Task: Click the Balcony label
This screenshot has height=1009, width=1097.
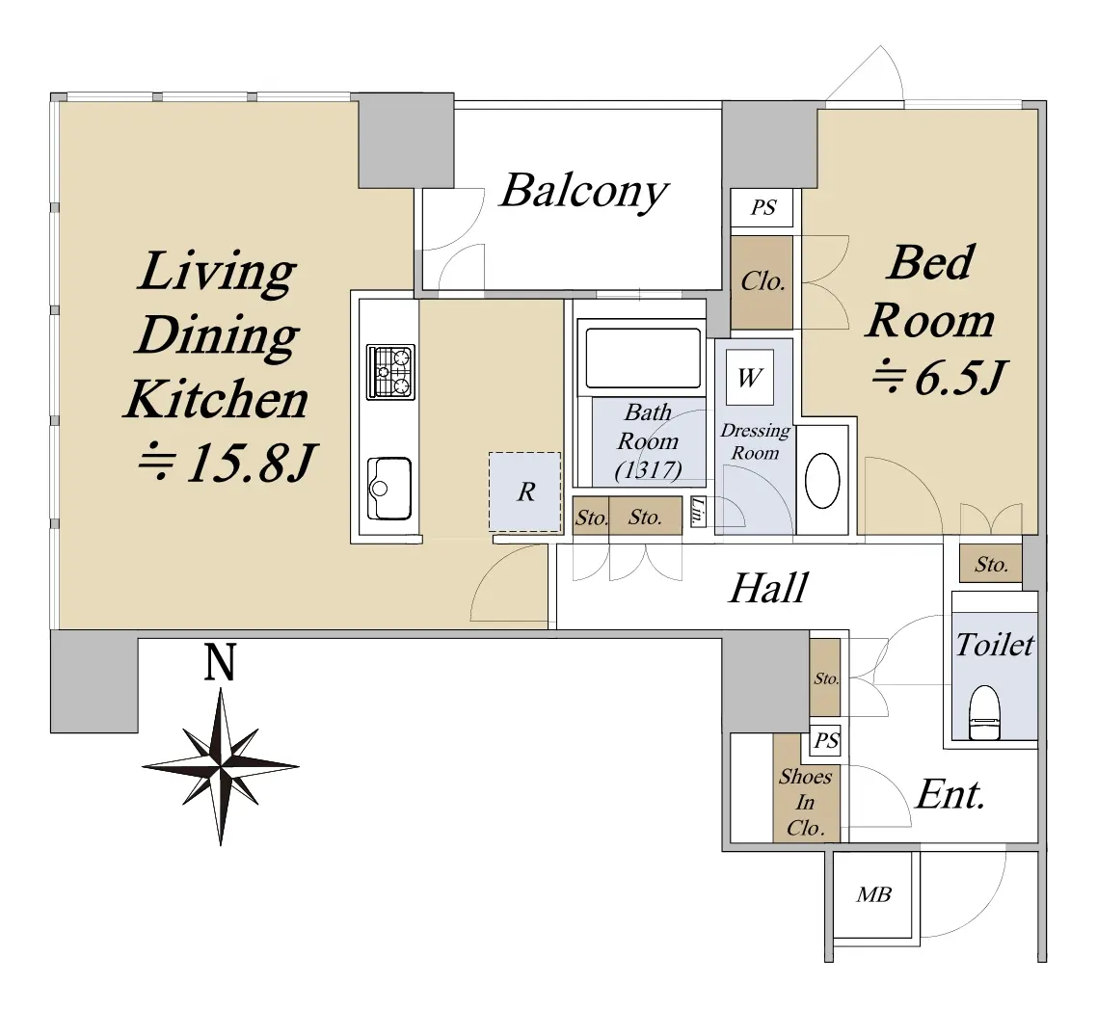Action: [584, 191]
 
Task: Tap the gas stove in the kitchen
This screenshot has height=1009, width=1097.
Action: [391, 372]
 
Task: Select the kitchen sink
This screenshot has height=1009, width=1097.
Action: [389, 489]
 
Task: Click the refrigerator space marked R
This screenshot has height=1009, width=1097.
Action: [524, 491]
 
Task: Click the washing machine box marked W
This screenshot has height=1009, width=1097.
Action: [750, 378]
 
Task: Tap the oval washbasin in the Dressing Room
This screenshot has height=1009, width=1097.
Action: [822, 481]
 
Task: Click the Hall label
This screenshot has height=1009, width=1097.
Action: [769, 588]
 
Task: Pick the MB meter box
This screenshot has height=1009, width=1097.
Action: [873, 894]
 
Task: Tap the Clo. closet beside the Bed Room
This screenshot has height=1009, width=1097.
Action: [762, 281]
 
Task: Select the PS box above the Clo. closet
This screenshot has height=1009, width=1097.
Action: [763, 207]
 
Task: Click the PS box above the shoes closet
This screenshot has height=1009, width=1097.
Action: [826, 740]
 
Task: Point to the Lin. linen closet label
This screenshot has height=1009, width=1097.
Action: [698, 511]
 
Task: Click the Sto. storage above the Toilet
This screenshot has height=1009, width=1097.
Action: [991, 564]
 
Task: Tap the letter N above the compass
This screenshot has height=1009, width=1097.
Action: [220, 662]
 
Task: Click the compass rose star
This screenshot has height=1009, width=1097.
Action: [221, 766]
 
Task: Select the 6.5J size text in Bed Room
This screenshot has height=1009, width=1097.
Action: [939, 379]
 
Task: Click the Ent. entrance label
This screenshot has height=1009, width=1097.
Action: [950, 794]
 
